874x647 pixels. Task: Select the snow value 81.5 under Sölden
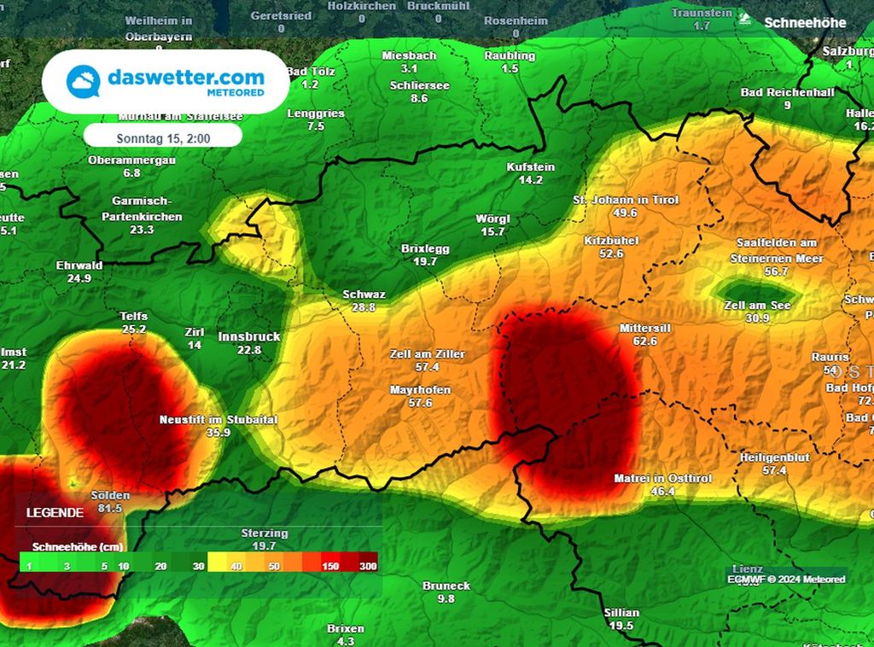pyautogui.click(x=110, y=508)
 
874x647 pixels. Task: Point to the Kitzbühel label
pyautogui.click(x=612, y=242)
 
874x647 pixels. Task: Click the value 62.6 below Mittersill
pyautogui.click(x=645, y=341)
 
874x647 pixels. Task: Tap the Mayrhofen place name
pyautogui.click(x=420, y=390)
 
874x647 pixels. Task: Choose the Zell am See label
pyautogui.click(x=757, y=305)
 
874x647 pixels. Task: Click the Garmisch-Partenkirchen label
pyautogui.click(x=147, y=209)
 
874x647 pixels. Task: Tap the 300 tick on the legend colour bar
pyautogui.click(x=368, y=566)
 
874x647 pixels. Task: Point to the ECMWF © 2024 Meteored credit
pyautogui.click(x=785, y=580)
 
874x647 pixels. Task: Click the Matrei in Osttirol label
pyautogui.click(x=662, y=479)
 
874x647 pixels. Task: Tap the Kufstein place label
pyautogui.click(x=531, y=167)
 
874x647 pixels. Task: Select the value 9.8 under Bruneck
pyautogui.click(x=446, y=598)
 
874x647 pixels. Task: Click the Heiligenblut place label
pyautogui.click(x=774, y=458)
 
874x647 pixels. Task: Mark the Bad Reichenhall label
pyautogui.click(x=787, y=92)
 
